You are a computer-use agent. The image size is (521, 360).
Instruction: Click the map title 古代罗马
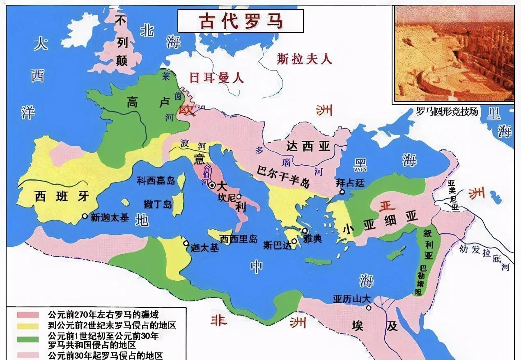point(241,21)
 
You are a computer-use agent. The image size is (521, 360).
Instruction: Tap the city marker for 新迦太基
point(85,216)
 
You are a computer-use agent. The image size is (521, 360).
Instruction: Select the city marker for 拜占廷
point(341,192)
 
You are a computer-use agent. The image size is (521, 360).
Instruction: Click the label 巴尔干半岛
point(283,176)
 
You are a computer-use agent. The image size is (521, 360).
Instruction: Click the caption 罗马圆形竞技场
point(447,111)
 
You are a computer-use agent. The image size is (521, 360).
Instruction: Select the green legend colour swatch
point(28,339)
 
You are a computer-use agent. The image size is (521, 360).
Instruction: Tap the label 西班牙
point(62,196)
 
